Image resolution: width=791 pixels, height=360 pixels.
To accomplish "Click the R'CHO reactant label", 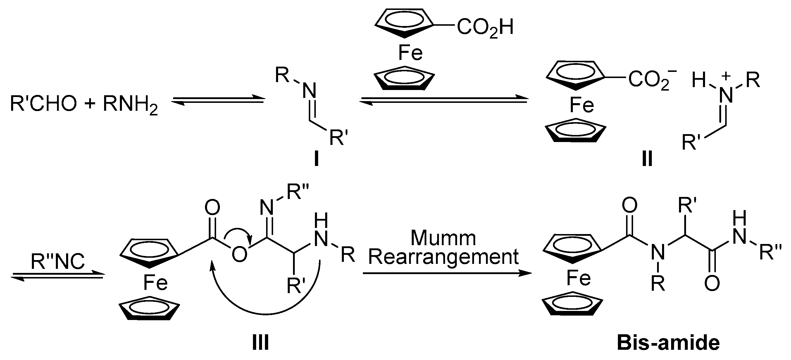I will (43, 103).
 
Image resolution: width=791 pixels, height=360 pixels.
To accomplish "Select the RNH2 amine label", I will (130, 104).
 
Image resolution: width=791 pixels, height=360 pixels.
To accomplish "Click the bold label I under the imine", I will (316, 160).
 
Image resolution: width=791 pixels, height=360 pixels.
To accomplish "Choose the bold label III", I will (260, 343).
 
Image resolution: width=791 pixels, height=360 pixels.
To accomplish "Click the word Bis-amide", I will (668, 343).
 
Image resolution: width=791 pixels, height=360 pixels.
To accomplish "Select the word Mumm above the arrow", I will (443, 238).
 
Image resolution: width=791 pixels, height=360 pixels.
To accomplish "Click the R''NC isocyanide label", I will (57, 262).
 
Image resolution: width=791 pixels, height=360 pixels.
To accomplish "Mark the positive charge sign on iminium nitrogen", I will (726, 77).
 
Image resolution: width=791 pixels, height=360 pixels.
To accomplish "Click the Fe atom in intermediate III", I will (155, 283).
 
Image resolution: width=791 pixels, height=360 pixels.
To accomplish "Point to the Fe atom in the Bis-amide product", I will (578, 278).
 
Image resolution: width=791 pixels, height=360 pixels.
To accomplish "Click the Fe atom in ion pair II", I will (582, 105).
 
